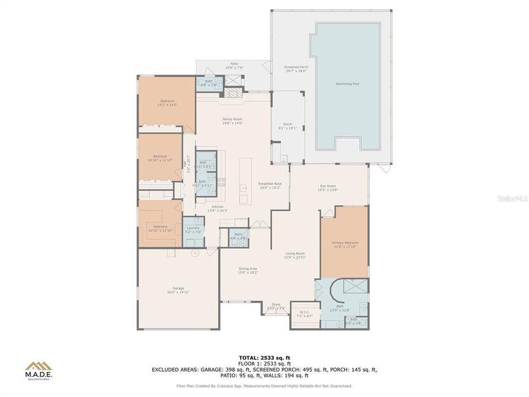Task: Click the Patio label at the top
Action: [234, 65]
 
